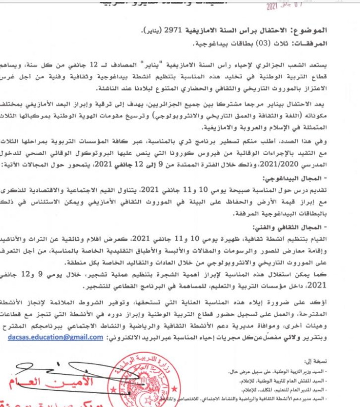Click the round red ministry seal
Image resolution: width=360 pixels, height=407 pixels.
tap(137, 379)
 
